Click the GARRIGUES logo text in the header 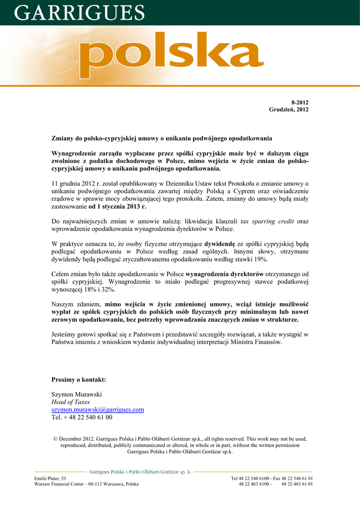pos(80,12)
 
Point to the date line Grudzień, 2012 pos(289,109)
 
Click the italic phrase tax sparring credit pos(268,221)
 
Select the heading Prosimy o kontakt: pos(79,380)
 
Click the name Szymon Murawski pos(77,394)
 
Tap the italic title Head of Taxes pos(71,402)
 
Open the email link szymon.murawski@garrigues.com pos(98,410)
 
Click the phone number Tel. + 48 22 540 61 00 pos(82,418)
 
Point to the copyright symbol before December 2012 pos(55,439)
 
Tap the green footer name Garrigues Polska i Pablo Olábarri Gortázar pos(140,472)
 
